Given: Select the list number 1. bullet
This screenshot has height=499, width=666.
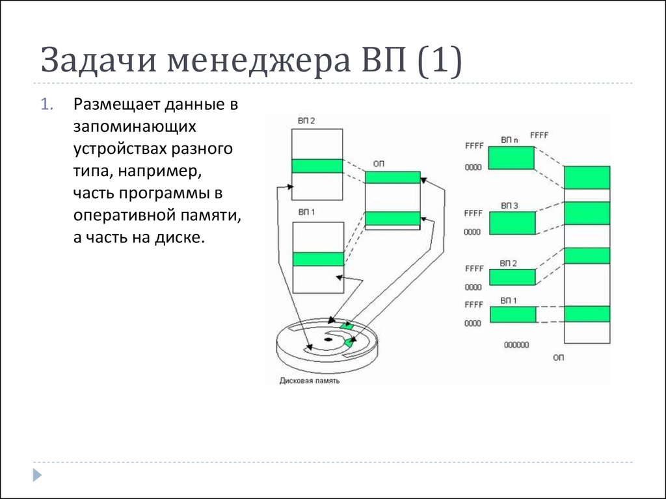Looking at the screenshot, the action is pos(47,105).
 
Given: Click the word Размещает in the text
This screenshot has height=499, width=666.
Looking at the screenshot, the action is pos(117,105).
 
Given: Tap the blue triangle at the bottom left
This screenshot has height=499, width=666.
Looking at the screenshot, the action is pos(37,475).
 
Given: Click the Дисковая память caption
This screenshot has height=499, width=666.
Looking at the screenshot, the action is pos(309,381).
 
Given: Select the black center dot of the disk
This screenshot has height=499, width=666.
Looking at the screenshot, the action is pos(328,339).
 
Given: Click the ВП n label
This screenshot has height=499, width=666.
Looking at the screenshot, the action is pos(509,140).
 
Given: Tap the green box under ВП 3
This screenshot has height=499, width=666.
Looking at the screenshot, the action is pos(513,223).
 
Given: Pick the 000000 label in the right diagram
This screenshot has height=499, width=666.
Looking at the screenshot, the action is pos(516,345).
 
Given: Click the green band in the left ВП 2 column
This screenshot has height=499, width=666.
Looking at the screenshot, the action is pos(317,166).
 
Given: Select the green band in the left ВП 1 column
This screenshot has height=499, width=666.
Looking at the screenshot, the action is pos(318,259).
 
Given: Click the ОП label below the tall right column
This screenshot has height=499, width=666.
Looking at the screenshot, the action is pos(558,358).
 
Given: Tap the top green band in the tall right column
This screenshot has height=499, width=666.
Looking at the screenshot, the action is pos(587,177).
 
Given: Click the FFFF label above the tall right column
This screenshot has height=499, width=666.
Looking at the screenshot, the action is pos(539,135).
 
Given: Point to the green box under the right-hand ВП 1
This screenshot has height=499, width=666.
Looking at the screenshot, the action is pos(513,314).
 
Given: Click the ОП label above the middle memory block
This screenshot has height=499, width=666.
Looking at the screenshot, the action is pos(379,163).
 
